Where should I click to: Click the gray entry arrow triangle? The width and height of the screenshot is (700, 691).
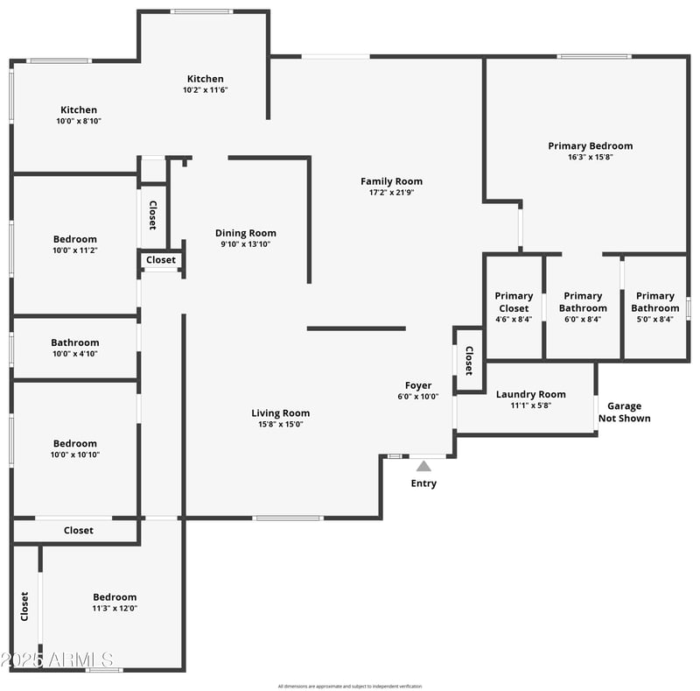[423, 466]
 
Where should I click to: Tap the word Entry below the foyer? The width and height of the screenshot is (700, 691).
[423, 483]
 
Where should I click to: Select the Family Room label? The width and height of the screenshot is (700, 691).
[391, 181]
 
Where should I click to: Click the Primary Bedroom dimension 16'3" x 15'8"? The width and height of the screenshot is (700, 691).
[590, 158]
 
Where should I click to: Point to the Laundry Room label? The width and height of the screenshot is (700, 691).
[530, 394]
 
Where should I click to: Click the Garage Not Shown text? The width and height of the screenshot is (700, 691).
[624, 412]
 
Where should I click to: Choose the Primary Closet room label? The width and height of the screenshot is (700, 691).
[513, 302]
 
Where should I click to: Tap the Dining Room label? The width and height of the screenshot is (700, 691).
[246, 233]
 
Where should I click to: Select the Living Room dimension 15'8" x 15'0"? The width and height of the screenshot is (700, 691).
[280, 425]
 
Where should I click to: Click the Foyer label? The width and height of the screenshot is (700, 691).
[418, 385]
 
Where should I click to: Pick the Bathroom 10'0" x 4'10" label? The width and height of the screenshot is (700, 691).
[75, 342]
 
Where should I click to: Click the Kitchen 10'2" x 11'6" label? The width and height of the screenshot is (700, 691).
[206, 79]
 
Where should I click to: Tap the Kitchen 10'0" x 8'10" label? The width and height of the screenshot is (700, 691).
[79, 110]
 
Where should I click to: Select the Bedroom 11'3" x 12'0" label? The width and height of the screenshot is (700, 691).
[115, 597]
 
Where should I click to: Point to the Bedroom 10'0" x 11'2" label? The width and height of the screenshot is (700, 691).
[75, 239]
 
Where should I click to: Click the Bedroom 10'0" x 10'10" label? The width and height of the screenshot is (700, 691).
[75, 443]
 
